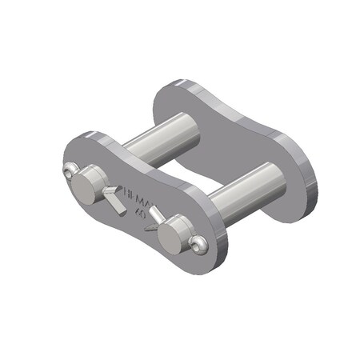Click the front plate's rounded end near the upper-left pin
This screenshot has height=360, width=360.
click(x=76, y=152)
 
